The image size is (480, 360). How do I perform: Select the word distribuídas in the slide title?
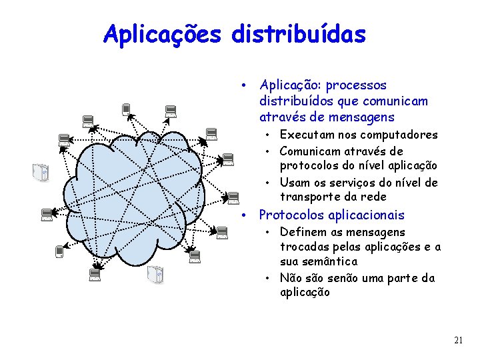[299, 34]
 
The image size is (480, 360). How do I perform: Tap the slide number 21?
[458, 341]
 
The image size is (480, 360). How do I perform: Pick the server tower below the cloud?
[155, 273]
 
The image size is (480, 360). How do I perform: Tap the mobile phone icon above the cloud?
[125, 110]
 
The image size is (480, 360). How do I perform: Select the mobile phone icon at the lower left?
[59, 251]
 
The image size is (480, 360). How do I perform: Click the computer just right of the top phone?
[170, 111]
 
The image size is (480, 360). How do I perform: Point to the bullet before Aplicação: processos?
[246, 85]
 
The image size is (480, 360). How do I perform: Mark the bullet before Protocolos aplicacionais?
[246, 215]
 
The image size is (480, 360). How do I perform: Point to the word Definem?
[302, 232]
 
